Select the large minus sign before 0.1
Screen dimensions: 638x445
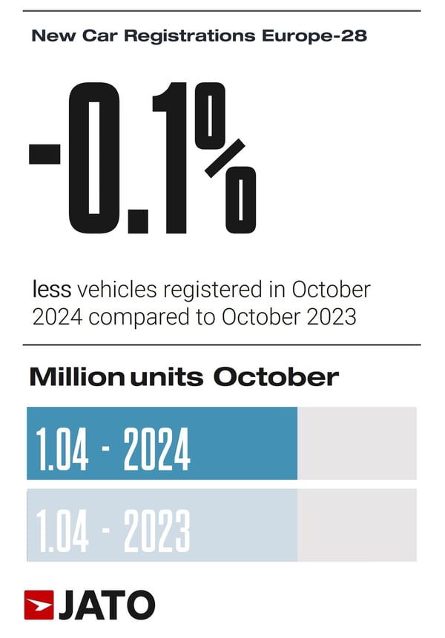(44, 154)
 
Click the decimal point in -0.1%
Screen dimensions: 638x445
(136, 219)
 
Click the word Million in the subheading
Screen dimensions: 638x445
(76, 376)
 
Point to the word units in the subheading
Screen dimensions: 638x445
(167, 376)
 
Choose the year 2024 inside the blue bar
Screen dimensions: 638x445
(156, 450)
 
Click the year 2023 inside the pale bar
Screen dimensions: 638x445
(156, 530)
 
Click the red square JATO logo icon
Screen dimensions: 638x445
(39, 605)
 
